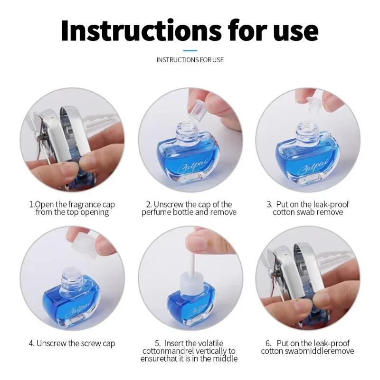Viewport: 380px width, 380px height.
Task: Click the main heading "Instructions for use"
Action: pos(190,29)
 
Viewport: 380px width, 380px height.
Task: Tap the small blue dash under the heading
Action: pos(190,49)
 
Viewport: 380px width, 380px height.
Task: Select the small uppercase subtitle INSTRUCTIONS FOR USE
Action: pos(190,60)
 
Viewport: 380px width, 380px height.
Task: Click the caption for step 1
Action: pos(72,209)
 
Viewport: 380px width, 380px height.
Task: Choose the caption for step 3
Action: pos(308,209)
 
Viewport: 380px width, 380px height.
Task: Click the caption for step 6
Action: pos(308,347)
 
